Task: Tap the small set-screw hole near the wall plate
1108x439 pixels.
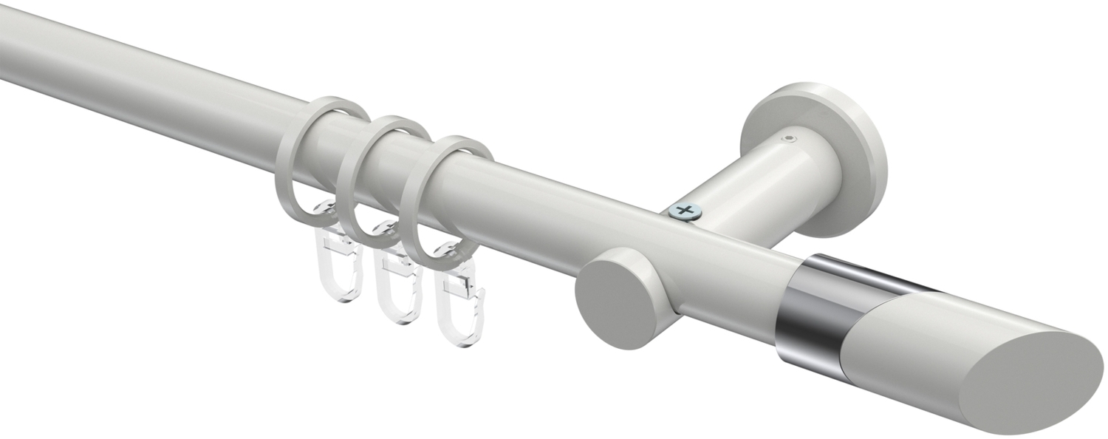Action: pyautogui.click(x=791, y=137)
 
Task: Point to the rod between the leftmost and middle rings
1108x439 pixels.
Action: pyautogui.click(x=332, y=137)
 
